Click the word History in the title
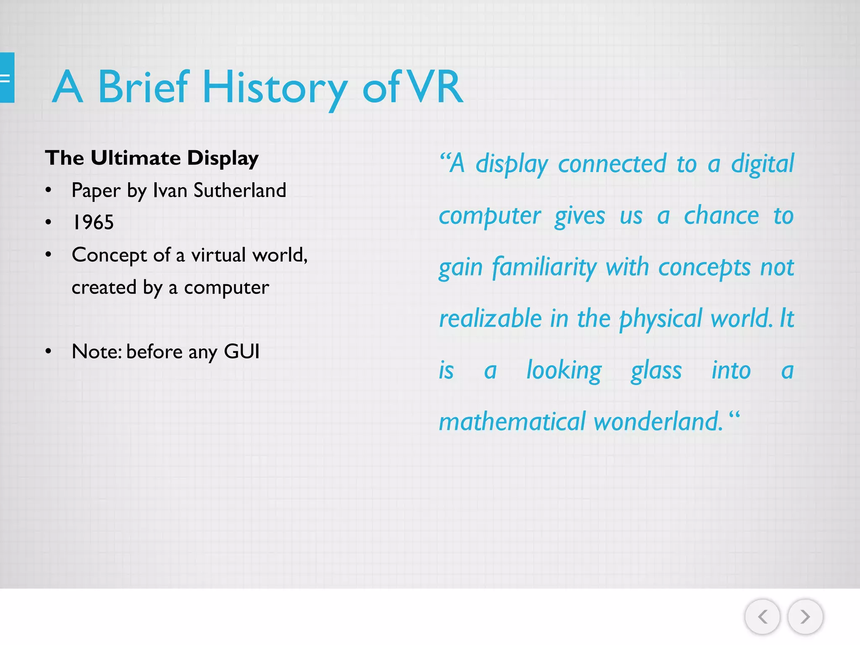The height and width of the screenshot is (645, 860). pyautogui.click(x=275, y=87)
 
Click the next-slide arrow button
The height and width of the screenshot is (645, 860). pyautogui.click(x=805, y=616)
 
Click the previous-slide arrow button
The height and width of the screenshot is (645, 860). pyautogui.click(x=762, y=616)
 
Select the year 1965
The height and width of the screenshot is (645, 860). pyautogui.click(x=93, y=223)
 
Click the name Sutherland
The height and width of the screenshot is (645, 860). pyautogui.click(x=240, y=191)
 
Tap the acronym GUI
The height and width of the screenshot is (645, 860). pyautogui.click(x=241, y=351)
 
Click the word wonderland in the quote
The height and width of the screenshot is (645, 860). pyautogui.click(x=658, y=422)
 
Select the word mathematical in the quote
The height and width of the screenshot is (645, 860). pyautogui.click(x=512, y=422)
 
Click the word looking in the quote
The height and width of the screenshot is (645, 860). pyautogui.click(x=564, y=371)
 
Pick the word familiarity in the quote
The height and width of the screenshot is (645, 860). pyautogui.click(x=544, y=267)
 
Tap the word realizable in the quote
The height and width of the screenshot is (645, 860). pyautogui.click(x=490, y=319)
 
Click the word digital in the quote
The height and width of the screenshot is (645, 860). pyautogui.click(x=762, y=164)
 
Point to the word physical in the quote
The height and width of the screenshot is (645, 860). pyautogui.click(x=661, y=319)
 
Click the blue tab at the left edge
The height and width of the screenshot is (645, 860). pyautogui.click(x=7, y=78)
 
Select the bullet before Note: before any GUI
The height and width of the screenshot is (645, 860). pyautogui.click(x=49, y=351)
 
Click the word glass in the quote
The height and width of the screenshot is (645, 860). pyautogui.click(x=656, y=371)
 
